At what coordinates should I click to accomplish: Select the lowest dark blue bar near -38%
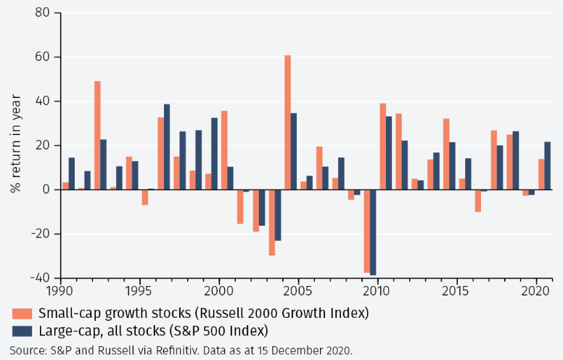(373, 232)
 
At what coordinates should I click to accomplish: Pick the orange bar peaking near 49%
(97, 135)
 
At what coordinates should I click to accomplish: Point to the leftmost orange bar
(65, 186)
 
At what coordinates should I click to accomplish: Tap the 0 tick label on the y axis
(46, 189)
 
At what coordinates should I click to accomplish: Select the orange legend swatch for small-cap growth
(22, 314)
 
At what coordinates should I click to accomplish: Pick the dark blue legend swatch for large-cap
(22, 331)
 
